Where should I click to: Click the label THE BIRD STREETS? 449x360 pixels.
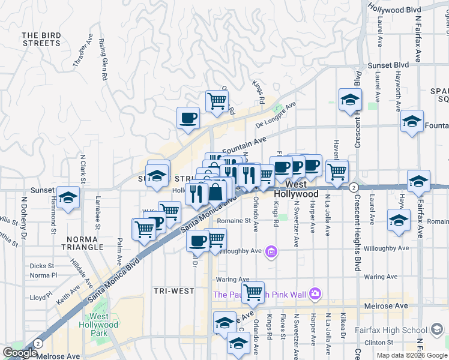pyautogui.click(x=41, y=40)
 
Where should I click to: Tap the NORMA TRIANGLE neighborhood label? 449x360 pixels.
pyautogui.click(x=82, y=243)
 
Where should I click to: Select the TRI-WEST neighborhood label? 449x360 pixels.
pyautogui.click(x=173, y=291)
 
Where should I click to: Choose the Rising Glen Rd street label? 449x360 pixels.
pyautogui.click(x=102, y=60)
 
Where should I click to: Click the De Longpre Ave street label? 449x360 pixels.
pyautogui.click(x=276, y=115)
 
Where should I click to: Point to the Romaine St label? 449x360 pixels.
pyautogui.click(x=233, y=221)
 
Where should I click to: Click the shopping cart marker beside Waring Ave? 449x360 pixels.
pyautogui.click(x=253, y=292)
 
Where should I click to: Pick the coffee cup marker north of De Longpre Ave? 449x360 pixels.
pyautogui.click(x=188, y=118)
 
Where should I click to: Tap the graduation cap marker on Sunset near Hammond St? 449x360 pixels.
pyautogui.click(x=68, y=197)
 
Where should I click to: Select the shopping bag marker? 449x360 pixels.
pyautogui.click(x=215, y=193)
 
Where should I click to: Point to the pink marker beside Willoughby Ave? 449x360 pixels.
pyautogui.click(x=271, y=251)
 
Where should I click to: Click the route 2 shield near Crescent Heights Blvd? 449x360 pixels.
pyautogui.click(x=354, y=187)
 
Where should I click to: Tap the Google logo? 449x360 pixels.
pyautogui.click(x=20, y=353)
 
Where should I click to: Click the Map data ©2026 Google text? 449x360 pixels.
pyautogui.click(x=411, y=355)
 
